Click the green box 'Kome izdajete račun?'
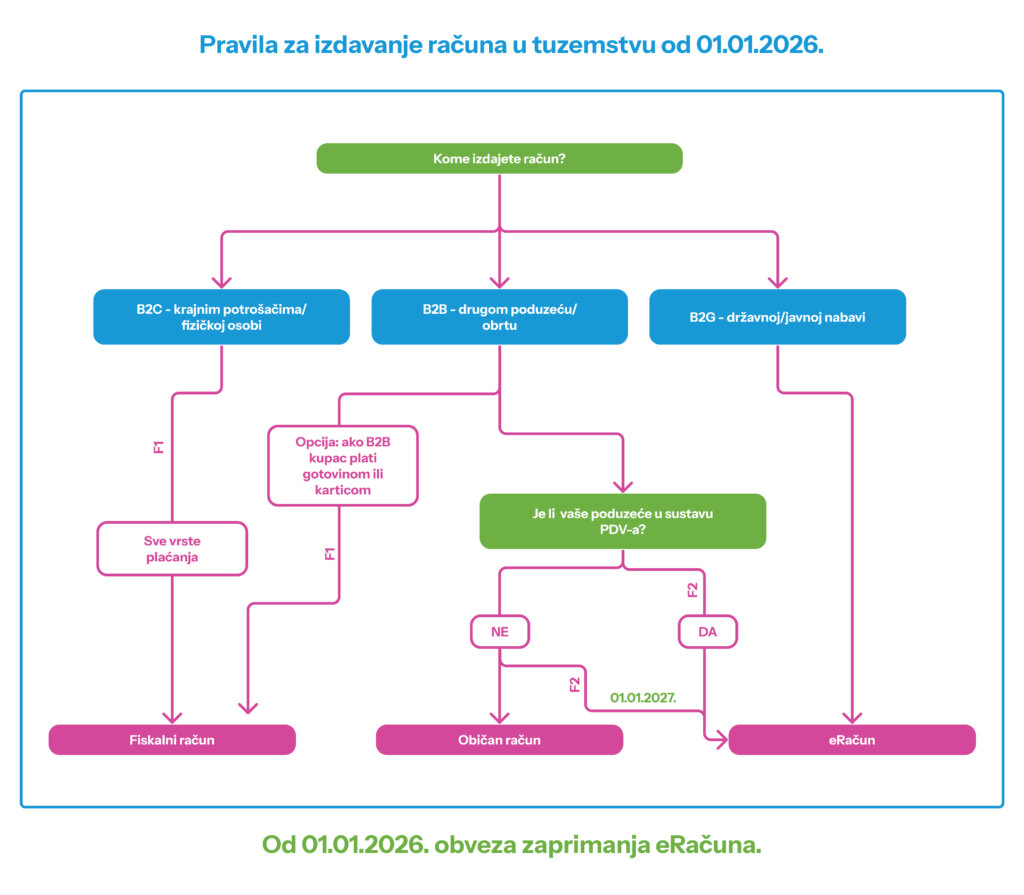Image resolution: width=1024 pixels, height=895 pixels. point(499,158)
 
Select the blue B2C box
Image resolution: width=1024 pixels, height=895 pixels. point(221,317)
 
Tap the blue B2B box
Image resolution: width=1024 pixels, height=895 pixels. point(499,317)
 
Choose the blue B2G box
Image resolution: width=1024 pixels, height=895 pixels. point(777,317)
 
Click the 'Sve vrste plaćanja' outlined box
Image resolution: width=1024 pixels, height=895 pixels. point(171,549)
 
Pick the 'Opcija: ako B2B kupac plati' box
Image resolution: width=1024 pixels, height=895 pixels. point(342,465)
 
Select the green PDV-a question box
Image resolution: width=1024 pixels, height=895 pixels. point(622,521)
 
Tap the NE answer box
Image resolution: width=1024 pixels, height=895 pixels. point(499,632)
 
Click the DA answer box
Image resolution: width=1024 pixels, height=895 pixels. point(707,632)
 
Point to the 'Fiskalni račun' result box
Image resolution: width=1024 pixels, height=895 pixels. point(172,740)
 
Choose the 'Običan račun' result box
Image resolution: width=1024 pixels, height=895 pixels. point(499,740)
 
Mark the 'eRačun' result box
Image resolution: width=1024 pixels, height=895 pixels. point(852,740)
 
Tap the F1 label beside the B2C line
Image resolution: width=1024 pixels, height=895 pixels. point(158,445)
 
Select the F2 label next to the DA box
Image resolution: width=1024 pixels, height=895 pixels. point(692,589)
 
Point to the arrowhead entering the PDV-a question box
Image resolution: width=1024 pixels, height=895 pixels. point(622,486)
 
